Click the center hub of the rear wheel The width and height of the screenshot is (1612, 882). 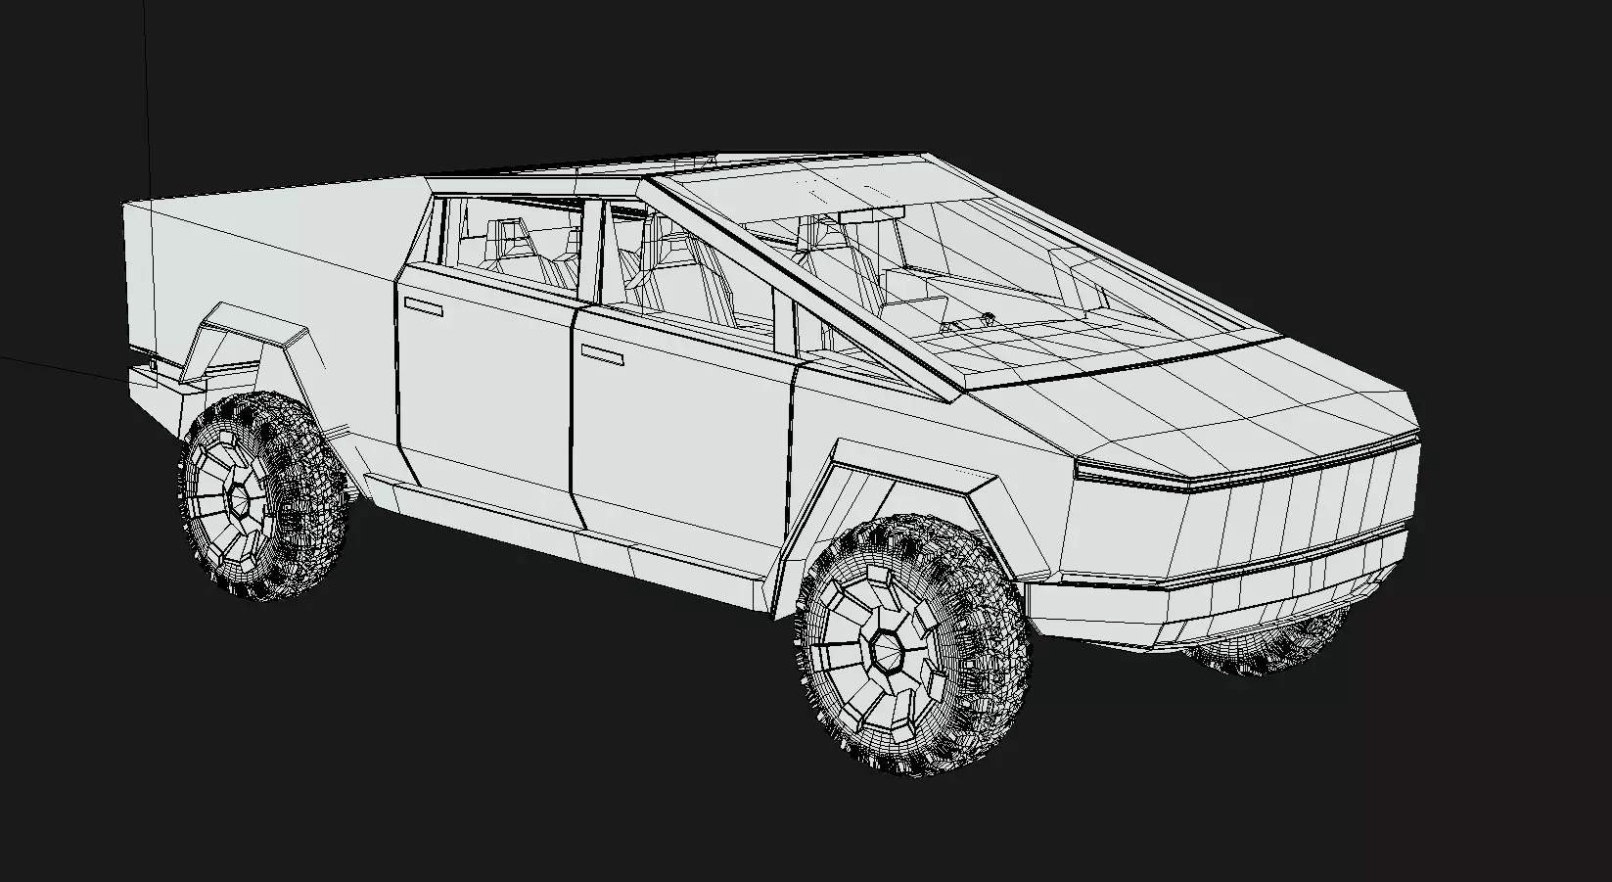coord(238,498)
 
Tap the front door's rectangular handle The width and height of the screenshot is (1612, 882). coord(602,354)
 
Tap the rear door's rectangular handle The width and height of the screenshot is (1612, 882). coord(423,307)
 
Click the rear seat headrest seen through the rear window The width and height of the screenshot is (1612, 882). coord(507,233)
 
